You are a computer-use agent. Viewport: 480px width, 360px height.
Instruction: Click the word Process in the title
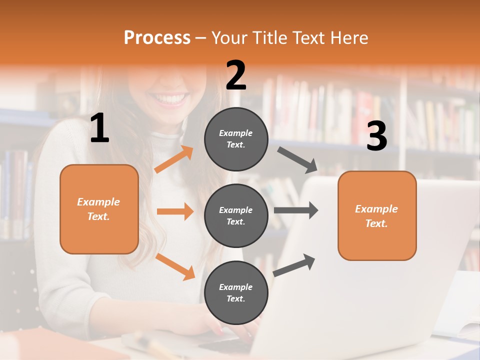click(157, 37)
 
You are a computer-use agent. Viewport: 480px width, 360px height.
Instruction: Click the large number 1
click(99, 128)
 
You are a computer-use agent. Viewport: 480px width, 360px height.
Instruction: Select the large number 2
click(236, 75)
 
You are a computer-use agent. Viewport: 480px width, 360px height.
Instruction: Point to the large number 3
click(376, 136)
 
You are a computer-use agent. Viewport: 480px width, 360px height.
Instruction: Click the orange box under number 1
click(99, 209)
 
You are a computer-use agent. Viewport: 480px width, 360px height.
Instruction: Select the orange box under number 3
click(377, 215)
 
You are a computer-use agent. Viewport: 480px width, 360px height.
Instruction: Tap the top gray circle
click(236, 139)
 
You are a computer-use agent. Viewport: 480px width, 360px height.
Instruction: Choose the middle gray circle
click(236, 215)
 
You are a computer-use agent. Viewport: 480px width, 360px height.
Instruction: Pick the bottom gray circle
click(236, 292)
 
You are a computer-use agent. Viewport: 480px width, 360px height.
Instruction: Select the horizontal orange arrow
click(175, 211)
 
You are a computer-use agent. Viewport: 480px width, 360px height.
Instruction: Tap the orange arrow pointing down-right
click(175, 266)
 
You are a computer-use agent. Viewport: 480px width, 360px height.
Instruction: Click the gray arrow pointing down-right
click(297, 158)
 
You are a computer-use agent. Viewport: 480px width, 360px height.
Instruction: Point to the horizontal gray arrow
click(296, 210)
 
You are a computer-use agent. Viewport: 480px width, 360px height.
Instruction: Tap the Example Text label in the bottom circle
click(235, 292)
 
